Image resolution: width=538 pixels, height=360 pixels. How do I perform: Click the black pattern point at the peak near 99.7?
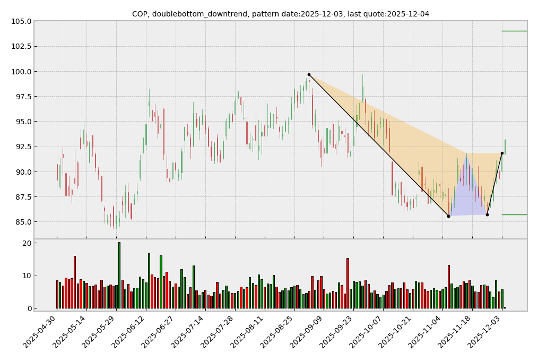pos(309,74)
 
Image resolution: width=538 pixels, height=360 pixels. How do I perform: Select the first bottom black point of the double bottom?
pos(448,216)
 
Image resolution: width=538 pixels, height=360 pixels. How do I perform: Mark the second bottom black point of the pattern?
pos(487,215)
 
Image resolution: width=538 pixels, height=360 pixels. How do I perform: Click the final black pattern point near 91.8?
pos(502,153)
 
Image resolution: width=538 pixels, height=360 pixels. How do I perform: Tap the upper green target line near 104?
pos(514,31)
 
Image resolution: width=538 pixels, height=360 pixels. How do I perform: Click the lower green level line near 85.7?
pos(514,215)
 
